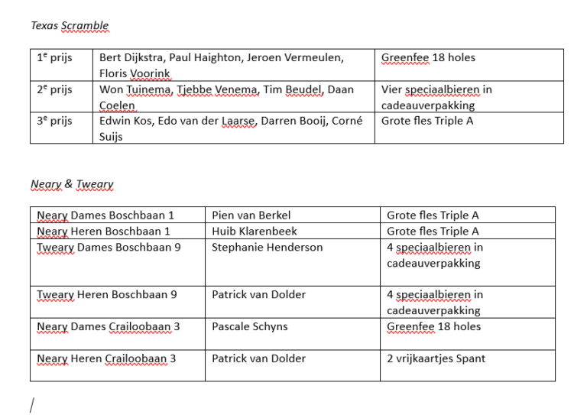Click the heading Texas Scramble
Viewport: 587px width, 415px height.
coord(70,26)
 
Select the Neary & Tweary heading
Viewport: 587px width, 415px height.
coord(72,185)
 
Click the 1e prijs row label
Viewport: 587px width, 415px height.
coord(54,58)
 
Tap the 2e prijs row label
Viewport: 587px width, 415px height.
coord(54,90)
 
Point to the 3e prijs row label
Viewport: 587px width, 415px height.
coord(54,122)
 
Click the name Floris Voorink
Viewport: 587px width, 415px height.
coord(135,74)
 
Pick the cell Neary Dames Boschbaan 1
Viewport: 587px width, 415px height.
coord(105,216)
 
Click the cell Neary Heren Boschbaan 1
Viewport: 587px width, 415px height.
coord(103,232)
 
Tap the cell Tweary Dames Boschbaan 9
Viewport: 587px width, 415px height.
coord(109,248)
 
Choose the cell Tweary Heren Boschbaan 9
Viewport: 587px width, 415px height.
coord(107,295)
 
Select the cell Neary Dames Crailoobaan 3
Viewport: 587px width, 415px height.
coord(109,327)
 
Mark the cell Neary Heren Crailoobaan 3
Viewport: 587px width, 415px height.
coord(106,358)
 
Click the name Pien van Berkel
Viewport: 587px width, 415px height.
coord(251,216)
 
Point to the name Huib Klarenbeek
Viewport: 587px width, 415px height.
coord(255,232)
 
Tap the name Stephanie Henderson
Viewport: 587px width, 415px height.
coord(267,248)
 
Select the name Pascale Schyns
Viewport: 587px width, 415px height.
coord(250,327)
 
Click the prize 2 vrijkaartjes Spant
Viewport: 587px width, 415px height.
coord(436,358)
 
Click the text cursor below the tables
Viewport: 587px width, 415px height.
coord(32,404)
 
